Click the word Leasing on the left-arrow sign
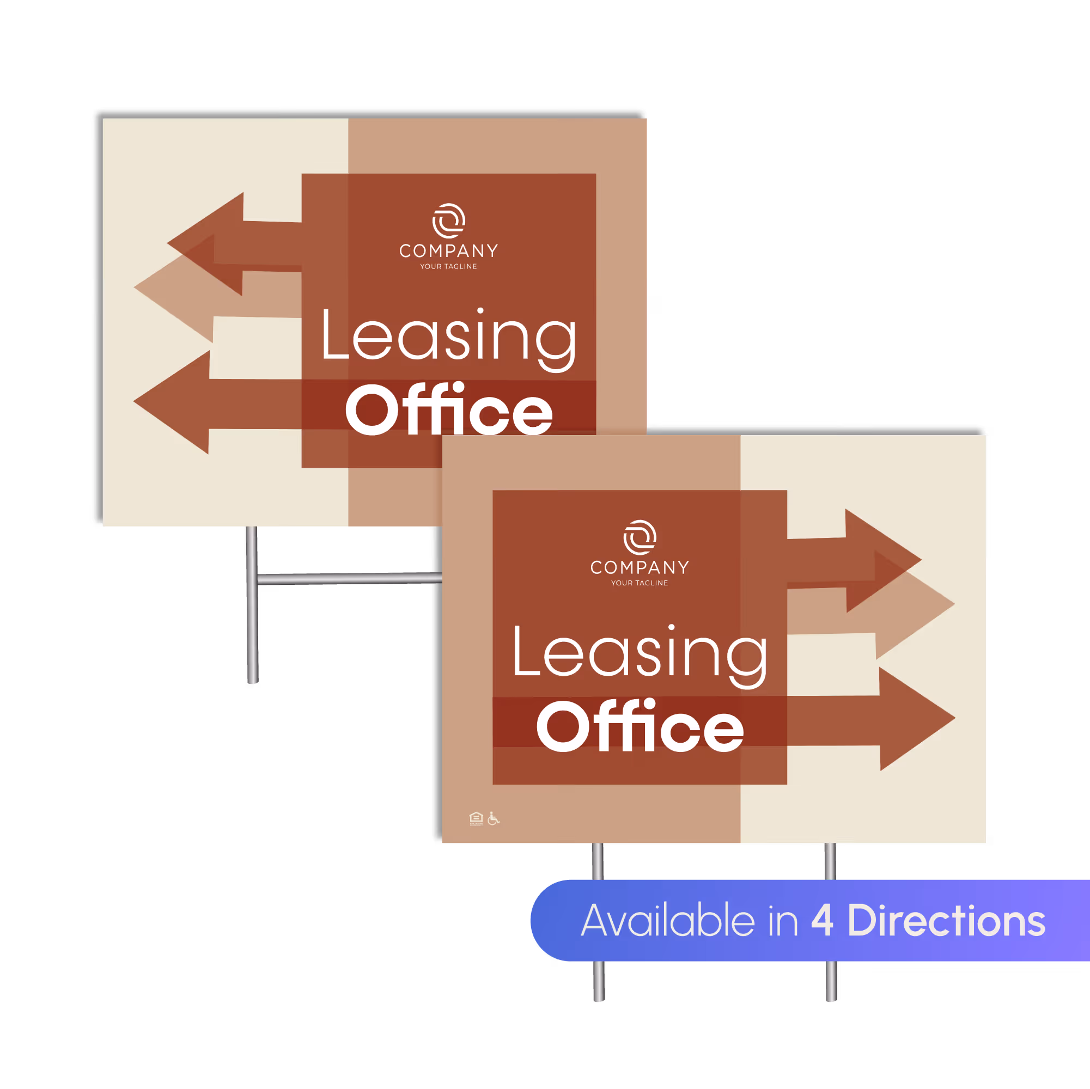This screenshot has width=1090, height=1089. coord(448,337)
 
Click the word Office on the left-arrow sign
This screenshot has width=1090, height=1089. coord(448,410)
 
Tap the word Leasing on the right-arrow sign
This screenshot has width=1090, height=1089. coord(640,653)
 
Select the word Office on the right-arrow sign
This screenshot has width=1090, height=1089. coord(640,726)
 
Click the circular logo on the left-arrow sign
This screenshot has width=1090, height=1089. coord(449,221)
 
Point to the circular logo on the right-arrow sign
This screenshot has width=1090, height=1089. coord(640,537)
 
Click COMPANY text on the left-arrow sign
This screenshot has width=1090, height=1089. coord(448,251)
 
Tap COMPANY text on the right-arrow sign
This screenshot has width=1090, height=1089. coord(640,567)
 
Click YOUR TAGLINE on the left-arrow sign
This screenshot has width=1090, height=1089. coord(448,267)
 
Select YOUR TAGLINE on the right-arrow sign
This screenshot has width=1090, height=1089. coord(640,583)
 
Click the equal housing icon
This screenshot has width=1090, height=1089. coord(476,818)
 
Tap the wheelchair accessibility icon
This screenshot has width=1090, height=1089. coord(494,818)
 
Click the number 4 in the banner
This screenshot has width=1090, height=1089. coord(822,920)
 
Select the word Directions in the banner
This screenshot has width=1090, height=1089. coord(946,920)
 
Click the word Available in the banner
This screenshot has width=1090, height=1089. coord(667,920)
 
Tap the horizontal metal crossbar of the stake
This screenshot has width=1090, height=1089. coord(350,578)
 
